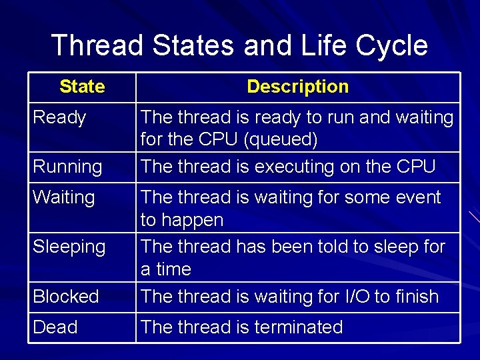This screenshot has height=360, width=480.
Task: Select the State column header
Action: (82, 87)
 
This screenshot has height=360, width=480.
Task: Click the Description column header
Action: (297, 87)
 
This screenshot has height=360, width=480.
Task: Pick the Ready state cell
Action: (59, 118)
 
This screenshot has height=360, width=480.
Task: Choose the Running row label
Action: (67, 167)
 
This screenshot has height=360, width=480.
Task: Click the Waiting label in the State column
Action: (63, 197)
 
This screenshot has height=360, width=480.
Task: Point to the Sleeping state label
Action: (69, 247)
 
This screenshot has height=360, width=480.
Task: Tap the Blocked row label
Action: (66, 296)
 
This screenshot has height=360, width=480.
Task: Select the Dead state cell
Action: (55, 327)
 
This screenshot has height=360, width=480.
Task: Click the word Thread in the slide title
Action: (97, 46)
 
